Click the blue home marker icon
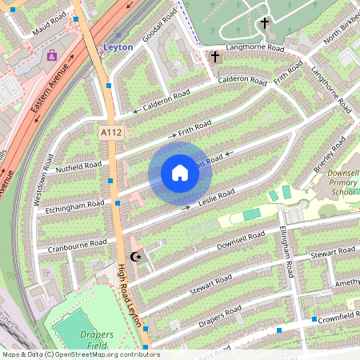[x=179, y=173]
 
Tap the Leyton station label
[x=118, y=47]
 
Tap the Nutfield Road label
[x=78, y=167]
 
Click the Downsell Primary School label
[x=342, y=184]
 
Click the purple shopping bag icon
[x=52, y=56]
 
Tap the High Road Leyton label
[x=131, y=297]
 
